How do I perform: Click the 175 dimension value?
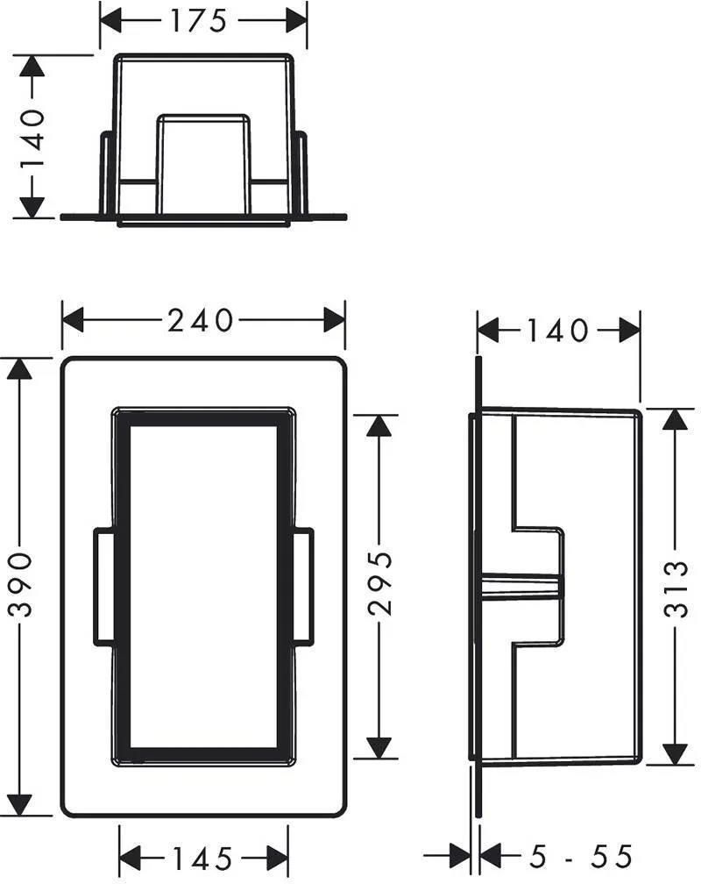(x=198, y=21)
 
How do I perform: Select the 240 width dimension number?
(x=200, y=320)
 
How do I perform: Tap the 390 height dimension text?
(x=23, y=585)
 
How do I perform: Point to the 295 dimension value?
(x=381, y=583)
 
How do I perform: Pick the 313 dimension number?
(x=675, y=588)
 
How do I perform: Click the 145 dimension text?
(x=202, y=859)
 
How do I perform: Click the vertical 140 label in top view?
(x=32, y=139)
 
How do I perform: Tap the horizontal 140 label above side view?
(x=557, y=331)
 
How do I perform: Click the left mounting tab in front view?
(x=104, y=586)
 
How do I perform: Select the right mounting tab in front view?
(x=302, y=586)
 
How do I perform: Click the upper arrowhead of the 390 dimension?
(x=20, y=369)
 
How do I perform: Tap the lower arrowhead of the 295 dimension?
(x=379, y=747)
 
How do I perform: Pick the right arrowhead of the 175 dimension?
(x=296, y=21)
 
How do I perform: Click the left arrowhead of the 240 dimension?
(x=73, y=319)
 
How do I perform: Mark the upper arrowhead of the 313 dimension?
(x=675, y=419)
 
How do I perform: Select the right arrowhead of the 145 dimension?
(x=277, y=859)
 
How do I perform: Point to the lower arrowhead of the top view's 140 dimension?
(x=32, y=206)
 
